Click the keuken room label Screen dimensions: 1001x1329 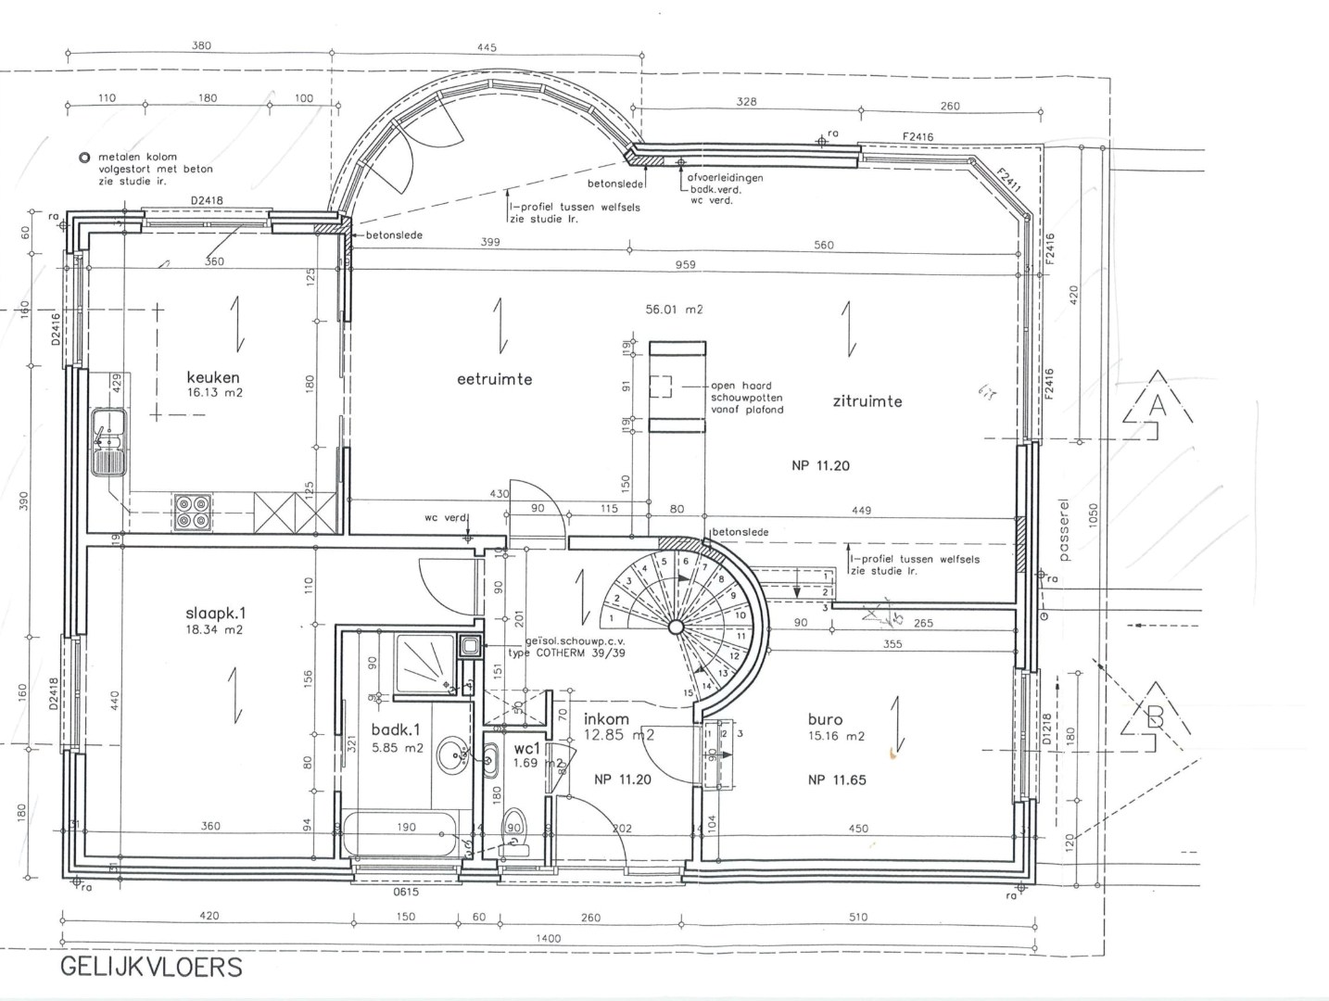point(213,377)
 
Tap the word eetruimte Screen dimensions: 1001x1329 point(494,379)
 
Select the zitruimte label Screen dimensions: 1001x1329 point(867,401)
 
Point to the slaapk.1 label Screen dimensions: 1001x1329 point(216,613)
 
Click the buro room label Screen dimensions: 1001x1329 point(825,719)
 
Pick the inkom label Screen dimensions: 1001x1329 point(606,719)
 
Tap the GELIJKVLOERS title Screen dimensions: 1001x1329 point(151,967)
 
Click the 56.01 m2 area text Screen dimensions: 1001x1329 point(674,310)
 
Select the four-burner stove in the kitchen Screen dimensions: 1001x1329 point(193,512)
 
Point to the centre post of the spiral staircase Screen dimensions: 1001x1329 point(677,627)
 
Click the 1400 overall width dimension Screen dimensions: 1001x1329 point(549,939)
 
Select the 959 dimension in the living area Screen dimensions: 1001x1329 point(685,265)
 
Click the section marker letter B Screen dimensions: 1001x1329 point(1155,716)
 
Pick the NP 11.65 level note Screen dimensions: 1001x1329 point(837,780)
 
